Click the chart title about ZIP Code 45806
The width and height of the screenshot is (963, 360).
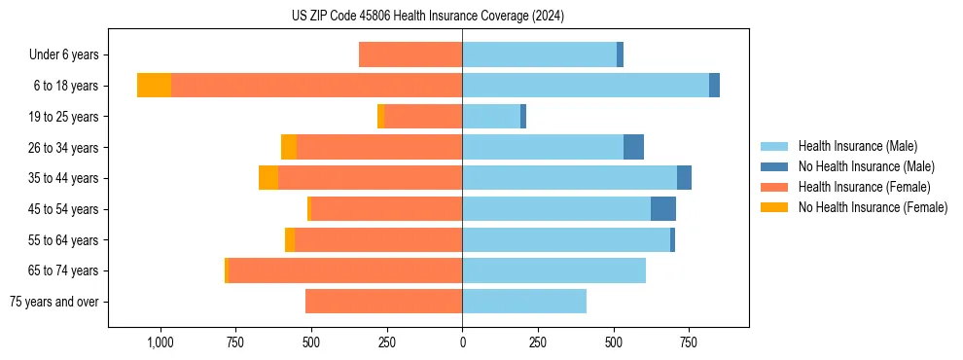click(428, 16)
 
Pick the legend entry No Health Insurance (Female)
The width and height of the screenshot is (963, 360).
click(873, 207)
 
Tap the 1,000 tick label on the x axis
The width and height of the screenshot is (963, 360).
click(159, 342)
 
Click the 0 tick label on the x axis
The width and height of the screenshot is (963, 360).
click(462, 342)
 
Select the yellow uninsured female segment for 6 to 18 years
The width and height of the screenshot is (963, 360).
click(154, 86)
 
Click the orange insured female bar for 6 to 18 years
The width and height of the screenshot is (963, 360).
click(316, 86)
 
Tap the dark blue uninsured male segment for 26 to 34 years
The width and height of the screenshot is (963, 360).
click(633, 147)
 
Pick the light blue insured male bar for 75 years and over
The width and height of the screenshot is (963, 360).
click(524, 302)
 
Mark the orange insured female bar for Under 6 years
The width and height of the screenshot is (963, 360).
click(410, 54)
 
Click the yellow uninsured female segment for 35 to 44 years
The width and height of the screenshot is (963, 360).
click(268, 178)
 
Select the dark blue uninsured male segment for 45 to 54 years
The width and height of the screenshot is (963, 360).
click(663, 209)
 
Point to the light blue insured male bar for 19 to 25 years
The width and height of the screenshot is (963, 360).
click(491, 117)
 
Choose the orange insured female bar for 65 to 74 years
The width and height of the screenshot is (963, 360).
click(345, 270)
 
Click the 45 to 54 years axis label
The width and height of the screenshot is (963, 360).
click(63, 209)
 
